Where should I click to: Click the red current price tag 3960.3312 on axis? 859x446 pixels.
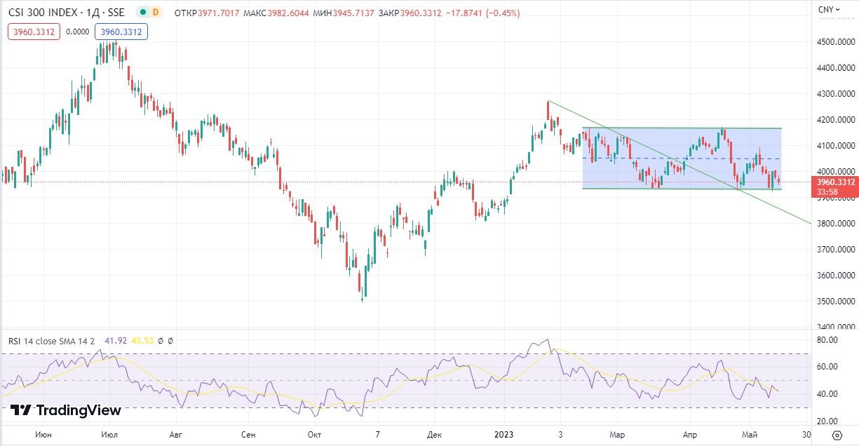836,182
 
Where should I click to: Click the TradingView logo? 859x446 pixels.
66,410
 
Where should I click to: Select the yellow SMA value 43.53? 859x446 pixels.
142,341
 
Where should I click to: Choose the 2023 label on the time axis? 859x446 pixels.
503,435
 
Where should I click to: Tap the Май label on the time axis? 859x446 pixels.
750,435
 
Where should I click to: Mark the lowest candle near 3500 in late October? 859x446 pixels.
363,295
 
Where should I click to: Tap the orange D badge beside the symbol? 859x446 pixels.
154,12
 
